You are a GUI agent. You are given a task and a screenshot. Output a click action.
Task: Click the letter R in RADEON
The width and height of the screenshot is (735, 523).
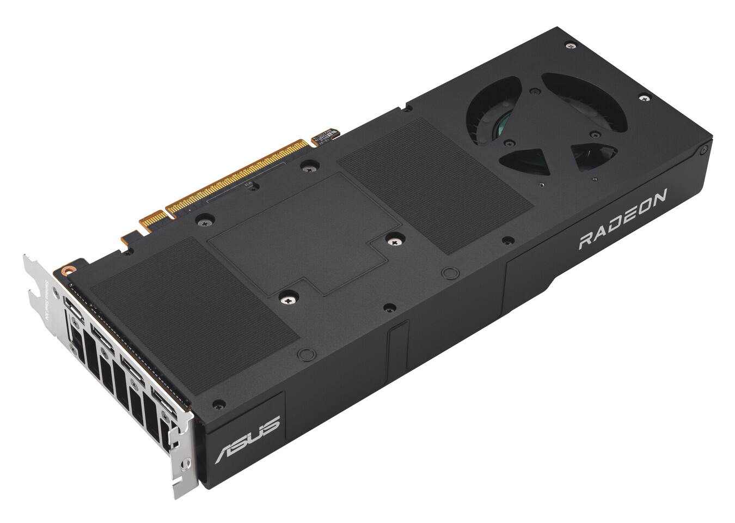point(585,240)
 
